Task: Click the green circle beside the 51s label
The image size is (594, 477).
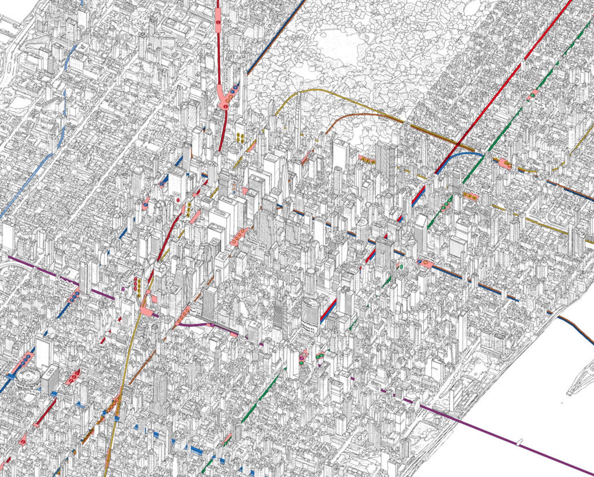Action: [x=401, y=267]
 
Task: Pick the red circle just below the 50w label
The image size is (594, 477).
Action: [x=178, y=200]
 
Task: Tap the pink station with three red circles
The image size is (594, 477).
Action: [x=75, y=376]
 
